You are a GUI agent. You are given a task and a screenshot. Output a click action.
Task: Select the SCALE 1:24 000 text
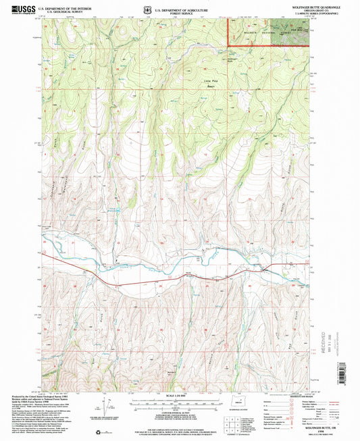point(179,395)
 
